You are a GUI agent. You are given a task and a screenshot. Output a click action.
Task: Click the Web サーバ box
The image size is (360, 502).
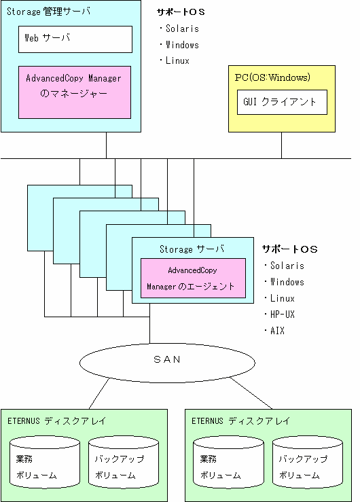click(75, 39)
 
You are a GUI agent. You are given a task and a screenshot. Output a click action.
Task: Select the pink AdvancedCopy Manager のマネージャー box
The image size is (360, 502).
click(75, 92)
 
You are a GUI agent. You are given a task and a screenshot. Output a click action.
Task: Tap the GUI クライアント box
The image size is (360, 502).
click(282, 102)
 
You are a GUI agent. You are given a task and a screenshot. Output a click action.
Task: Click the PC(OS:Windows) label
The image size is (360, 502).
click(272, 77)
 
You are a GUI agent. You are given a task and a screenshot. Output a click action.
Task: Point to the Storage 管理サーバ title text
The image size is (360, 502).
click(48, 12)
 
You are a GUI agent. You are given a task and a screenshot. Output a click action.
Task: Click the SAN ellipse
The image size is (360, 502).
click(167, 363)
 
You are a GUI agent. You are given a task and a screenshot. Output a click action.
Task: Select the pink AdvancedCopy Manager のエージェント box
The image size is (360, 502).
click(194, 278)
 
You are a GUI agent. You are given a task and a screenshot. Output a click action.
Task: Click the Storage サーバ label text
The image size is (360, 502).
click(192, 249)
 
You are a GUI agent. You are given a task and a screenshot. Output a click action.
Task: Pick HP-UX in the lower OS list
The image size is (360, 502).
click(282, 315)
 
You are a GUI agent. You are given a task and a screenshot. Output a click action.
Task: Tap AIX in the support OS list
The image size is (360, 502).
click(277, 330)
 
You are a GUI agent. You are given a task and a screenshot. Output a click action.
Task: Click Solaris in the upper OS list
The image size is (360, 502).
click(182, 29)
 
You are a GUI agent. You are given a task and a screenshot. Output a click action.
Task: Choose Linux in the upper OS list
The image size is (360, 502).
click(177, 60)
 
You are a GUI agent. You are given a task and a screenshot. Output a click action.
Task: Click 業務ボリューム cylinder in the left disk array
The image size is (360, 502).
click(45, 462)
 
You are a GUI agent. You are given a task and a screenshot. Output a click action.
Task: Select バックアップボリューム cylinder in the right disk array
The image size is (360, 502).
click(308, 462)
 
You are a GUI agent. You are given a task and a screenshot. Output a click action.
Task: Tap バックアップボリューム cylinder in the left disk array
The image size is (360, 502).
click(124, 462)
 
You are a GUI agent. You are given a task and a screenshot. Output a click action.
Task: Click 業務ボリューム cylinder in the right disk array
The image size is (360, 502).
click(228, 462)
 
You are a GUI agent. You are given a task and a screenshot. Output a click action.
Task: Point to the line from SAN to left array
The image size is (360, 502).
click(99, 393)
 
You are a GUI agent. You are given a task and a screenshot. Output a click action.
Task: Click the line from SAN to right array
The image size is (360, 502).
click(251, 393)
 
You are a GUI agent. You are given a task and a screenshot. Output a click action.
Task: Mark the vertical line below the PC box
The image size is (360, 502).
click(282, 145)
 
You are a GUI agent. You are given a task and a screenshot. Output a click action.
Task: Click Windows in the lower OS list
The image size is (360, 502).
click(287, 282)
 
